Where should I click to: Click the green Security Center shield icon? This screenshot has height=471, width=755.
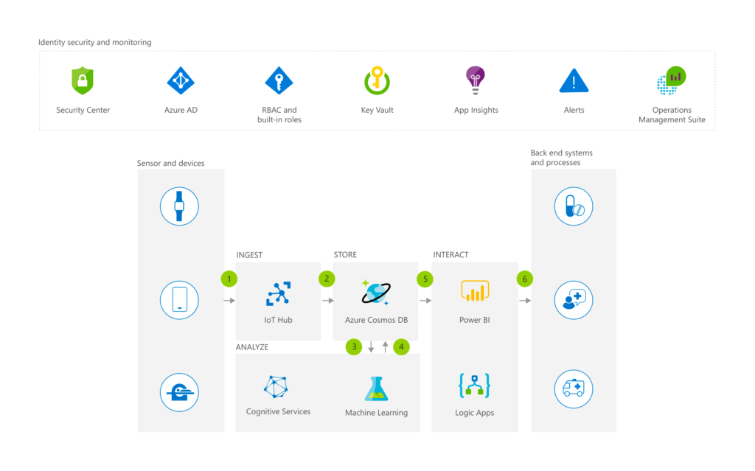tap(83, 80)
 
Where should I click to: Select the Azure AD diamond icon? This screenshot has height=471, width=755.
tap(181, 80)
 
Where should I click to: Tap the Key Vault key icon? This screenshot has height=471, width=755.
tap(377, 80)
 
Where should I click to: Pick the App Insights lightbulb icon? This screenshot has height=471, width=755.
tap(476, 80)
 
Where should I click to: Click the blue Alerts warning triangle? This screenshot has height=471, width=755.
tap(574, 81)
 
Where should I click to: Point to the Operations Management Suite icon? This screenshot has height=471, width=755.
tap(671, 80)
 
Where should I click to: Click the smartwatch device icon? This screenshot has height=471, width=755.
tap(179, 206)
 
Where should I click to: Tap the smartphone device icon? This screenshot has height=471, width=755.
tap(179, 300)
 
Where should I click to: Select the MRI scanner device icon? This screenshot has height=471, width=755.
tap(179, 392)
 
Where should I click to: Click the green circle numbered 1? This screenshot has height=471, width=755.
tap(229, 279)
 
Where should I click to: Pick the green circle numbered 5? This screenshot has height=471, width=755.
tap(425, 279)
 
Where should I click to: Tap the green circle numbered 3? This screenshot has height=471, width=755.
tap(354, 346)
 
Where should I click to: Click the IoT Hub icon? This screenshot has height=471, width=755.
tap(278, 294)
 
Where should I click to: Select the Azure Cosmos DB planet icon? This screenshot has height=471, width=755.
tap(376, 293)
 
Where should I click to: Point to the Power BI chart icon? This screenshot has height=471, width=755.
tap(475, 291)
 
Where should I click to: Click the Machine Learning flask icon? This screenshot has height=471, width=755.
tap(376, 388)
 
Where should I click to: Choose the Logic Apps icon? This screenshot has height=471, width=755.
tap(474, 385)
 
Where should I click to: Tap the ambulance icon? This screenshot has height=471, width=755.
tap(574, 389)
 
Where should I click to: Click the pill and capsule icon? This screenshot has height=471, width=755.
tap(574, 206)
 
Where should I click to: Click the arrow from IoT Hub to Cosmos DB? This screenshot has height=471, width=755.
tap(328, 301)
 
